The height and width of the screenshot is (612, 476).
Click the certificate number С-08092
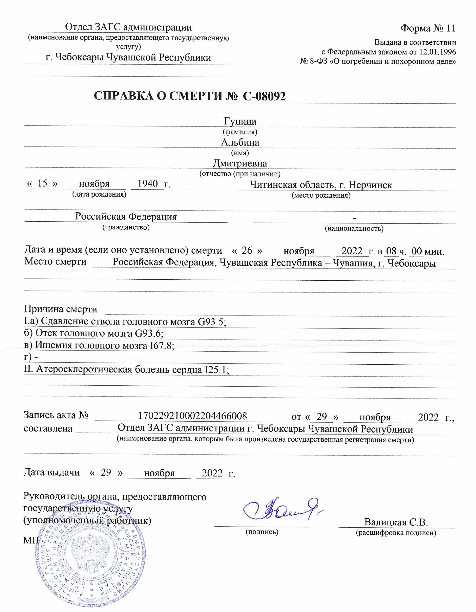click(x=264, y=96)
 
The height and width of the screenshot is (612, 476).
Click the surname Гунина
click(x=240, y=121)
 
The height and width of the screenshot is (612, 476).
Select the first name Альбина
click(x=240, y=142)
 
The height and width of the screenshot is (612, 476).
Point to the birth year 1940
click(x=148, y=184)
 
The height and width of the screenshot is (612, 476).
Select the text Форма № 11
click(x=428, y=28)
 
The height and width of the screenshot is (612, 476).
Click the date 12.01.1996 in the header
click(x=438, y=52)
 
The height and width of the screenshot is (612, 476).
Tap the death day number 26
click(x=247, y=250)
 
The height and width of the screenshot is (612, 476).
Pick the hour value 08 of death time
click(x=391, y=251)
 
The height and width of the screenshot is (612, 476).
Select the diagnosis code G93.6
click(x=149, y=333)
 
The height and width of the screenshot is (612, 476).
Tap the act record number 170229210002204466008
click(x=192, y=416)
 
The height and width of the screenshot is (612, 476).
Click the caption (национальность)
click(x=354, y=228)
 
